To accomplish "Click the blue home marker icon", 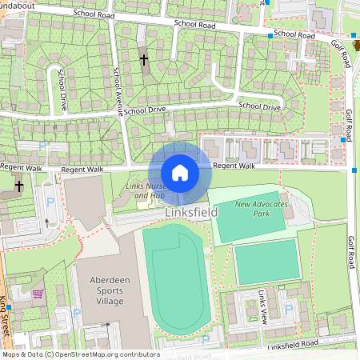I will (x=180, y=173).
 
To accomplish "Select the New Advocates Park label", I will (x=259, y=209).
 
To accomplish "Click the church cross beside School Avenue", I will (x=144, y=59).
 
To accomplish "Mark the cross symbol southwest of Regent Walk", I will (x=18, y=185).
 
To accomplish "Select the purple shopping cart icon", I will (x=37, y=294).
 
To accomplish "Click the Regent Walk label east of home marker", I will (x=234, y=166).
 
